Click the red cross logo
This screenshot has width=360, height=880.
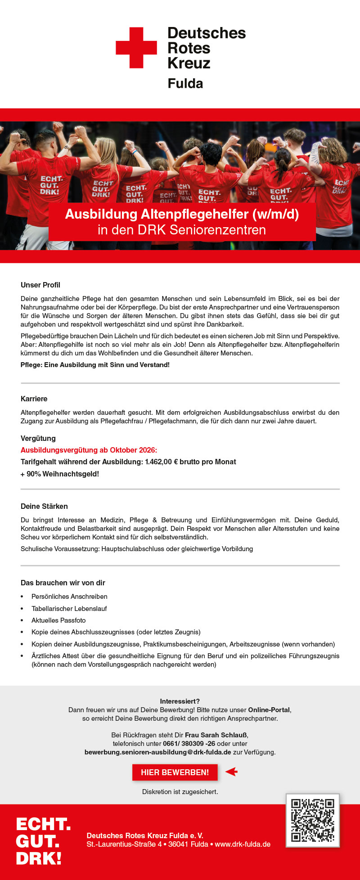[x=136, y=48]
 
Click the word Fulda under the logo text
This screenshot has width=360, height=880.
[x=185, y=83]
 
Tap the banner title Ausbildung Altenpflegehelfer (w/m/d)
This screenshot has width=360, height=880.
[x=182, y=214]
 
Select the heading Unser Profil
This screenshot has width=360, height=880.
[x=40, y=285]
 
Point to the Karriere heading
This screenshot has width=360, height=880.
[x=34, y=399]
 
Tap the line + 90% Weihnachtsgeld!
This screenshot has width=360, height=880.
[x=60, y=474]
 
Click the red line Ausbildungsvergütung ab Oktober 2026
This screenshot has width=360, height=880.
[x=89, y=450]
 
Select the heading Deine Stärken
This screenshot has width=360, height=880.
[x=44, y=506]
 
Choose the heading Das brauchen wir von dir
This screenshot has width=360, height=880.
[x=63, y=583]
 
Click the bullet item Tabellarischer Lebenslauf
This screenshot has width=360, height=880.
[x=69, y=609]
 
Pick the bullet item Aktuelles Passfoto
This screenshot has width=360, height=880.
[x=58, y=620]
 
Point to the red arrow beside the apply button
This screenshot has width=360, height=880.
[x=231, y=772]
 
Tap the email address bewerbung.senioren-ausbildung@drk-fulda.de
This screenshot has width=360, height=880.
[x=158, y=752]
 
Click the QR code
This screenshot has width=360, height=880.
[x=312, y=820]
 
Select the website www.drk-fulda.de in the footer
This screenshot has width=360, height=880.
[x=243, y=844]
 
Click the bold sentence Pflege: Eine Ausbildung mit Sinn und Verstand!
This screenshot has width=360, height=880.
[x=95, y=365]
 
